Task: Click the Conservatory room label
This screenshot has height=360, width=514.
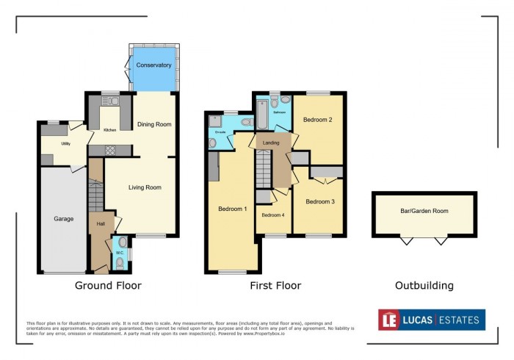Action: (153, 65)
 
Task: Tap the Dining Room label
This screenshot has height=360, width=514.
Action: (154, 124)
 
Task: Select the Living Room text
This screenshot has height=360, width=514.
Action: (145, 187)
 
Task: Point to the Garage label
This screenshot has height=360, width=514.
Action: (64, 218)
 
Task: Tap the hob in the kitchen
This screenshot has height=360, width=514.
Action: (110, 150)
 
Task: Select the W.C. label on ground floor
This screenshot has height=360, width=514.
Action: (119, 253)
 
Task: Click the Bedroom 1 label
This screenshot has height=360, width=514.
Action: (232, 209)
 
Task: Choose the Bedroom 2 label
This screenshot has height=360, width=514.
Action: (320, 119)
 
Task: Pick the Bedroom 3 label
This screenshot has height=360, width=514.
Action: (320, 201)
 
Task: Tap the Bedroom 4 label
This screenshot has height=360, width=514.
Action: (272, 215)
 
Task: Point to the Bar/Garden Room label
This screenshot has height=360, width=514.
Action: (424, 210)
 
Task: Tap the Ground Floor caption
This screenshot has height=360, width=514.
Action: (108, 286)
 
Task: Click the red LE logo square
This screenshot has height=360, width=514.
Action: (388, 320)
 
